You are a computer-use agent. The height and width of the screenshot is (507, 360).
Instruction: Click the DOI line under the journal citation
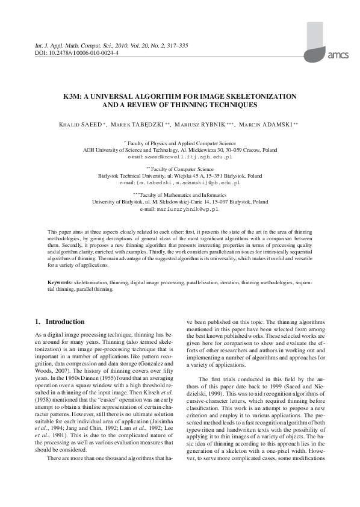coord(73,52)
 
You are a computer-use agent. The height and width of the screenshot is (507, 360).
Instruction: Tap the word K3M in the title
coord(72,96)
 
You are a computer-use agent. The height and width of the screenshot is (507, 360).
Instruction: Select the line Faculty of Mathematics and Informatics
coord(181,196)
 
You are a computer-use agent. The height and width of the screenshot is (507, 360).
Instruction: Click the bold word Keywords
coord(60,282)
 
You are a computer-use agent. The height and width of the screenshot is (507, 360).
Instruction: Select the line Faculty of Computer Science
coord(181,169)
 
